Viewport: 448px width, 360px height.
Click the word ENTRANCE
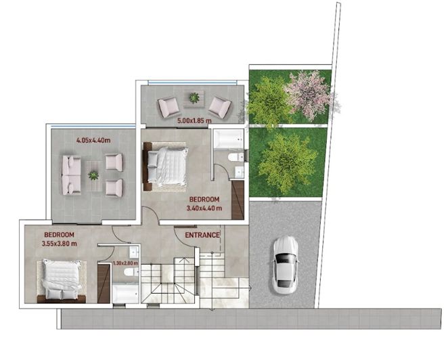coord(202,235)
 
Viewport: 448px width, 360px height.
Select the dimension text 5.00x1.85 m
coord(194,120)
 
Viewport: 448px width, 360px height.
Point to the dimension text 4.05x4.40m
coord(93,140)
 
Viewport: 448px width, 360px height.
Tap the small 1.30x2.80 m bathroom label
coord(125,263)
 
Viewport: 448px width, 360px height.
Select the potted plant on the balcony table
coord(194,98)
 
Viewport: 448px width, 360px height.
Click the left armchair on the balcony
coord(169,106)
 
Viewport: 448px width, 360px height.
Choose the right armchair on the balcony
coord(219,106)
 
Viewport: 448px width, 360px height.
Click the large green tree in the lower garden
coord(288,161)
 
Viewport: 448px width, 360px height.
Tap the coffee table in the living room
coord(93,175)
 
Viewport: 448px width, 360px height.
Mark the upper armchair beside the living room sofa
coord(114,162)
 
